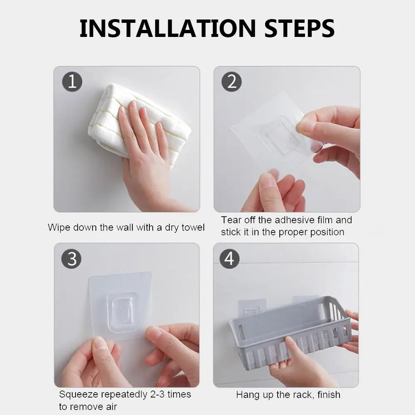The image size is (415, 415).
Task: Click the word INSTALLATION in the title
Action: click(x=168, y=28)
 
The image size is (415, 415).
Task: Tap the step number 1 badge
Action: click(x=72, y=82)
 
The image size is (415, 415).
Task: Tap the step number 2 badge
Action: click(x=232, y=82)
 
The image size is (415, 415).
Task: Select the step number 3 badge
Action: click(x=71, y=259)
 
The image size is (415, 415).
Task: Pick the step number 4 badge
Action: click(x=229, y=259)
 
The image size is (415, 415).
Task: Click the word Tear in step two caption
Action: click(x=231, y=220)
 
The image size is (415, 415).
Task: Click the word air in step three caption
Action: click(x=111, y=407)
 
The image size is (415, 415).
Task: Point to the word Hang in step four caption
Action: click(x=247, y=395)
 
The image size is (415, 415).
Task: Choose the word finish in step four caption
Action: click(x=329, y=395)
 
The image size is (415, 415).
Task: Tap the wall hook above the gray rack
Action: click(x=252, y=309)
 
